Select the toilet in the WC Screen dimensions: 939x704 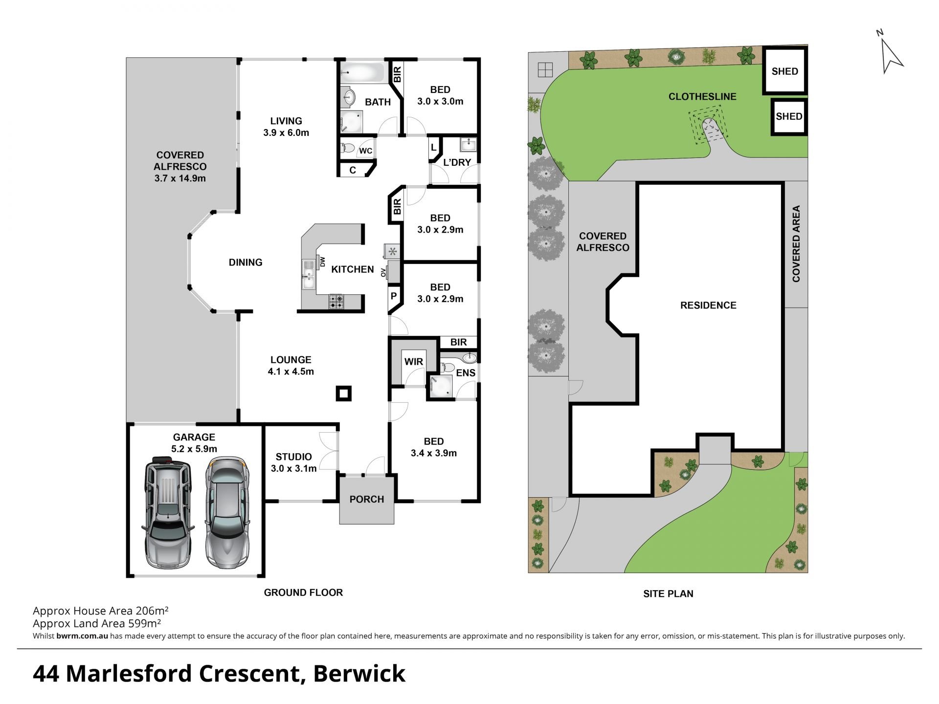[348, 147]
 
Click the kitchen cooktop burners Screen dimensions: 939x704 [336, 301]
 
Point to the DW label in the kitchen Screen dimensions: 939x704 [322, 263]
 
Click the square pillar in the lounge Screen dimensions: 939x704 [344, 393]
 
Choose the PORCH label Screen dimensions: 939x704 [367, 499]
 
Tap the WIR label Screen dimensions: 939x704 [414, 362]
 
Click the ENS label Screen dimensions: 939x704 [466, 373]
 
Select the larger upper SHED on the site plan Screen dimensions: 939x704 [784, 70]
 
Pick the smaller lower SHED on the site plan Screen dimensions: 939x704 [789, 116]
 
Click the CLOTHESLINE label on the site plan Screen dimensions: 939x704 [702, 96]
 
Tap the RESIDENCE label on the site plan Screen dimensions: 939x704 [708, 305]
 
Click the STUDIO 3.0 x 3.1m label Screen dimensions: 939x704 [293, 462]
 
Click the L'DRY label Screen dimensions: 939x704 [457, 162]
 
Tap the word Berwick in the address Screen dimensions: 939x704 [359, 673]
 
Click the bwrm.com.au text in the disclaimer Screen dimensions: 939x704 [82, 636]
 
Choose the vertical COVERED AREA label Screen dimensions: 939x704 [796, 243]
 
